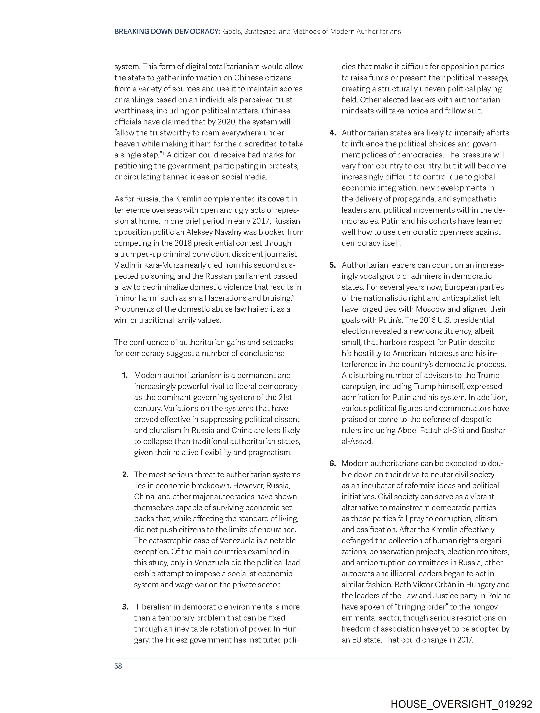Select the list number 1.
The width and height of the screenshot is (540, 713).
pyautogui.click(x=125, y=375)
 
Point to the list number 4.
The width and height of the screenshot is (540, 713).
pyautogui.click(x=333, y=133)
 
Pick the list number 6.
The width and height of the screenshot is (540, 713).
pyautogui.click(x=333, y=463)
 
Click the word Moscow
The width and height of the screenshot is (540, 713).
pyautogui.click(x=431, y=309)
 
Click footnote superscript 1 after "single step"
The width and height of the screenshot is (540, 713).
pyautogui.click(x=163, y=153)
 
